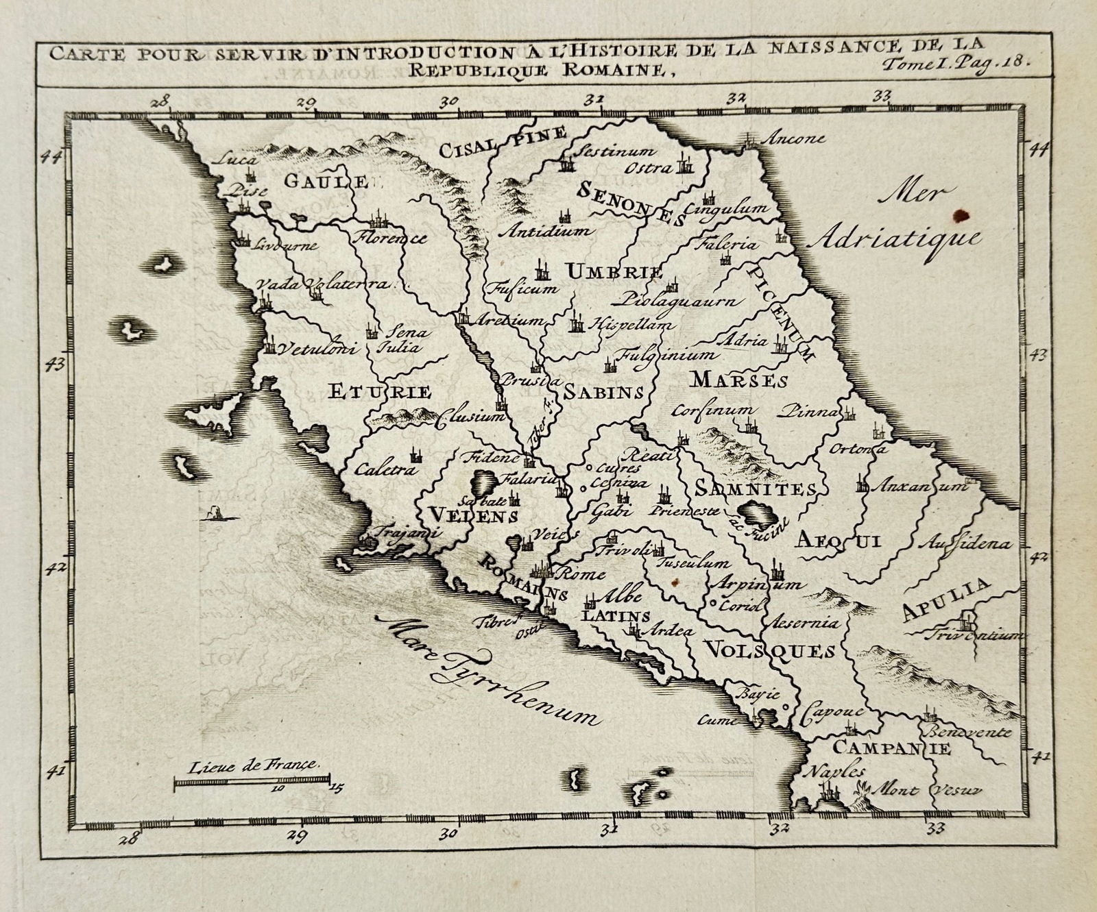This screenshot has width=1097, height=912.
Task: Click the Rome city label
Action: [x=583, y=574]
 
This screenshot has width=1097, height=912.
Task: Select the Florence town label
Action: [x=390, y=238]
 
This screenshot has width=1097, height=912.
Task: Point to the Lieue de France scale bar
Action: [x=252, y=780]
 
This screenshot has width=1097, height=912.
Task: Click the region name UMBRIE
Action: [x=615, y=271]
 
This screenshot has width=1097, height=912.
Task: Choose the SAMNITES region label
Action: [x=755, y=489]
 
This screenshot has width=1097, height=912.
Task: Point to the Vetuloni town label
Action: [x=316, y=349]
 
